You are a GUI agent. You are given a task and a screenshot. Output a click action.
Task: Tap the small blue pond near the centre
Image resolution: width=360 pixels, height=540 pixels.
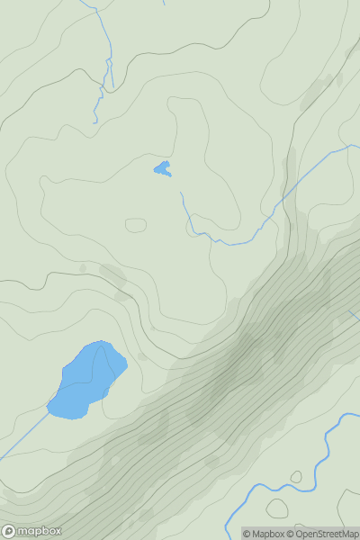click(162, 168)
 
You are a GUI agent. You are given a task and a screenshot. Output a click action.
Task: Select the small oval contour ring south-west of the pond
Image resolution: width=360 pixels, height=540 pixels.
click(135, 224)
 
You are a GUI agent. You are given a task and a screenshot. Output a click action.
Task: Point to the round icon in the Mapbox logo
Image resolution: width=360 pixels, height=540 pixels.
click(9, 531)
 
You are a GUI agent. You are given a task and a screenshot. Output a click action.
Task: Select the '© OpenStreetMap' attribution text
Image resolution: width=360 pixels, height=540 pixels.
click(323, 534)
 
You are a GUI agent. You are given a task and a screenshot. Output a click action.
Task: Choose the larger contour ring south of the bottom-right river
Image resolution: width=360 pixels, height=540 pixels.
click(276, 508)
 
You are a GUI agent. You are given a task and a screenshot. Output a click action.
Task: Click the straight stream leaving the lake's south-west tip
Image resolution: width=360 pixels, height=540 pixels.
click(22, 437)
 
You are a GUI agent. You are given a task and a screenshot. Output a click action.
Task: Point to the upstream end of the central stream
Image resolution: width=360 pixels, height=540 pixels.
click(181, 193)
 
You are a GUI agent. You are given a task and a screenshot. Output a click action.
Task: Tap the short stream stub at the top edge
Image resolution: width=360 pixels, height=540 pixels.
click(164, 3)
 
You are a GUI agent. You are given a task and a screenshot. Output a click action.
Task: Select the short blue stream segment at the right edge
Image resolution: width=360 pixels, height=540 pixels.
click(355, 316)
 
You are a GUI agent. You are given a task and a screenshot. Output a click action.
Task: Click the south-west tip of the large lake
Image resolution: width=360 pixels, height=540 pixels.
click(49, 412)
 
